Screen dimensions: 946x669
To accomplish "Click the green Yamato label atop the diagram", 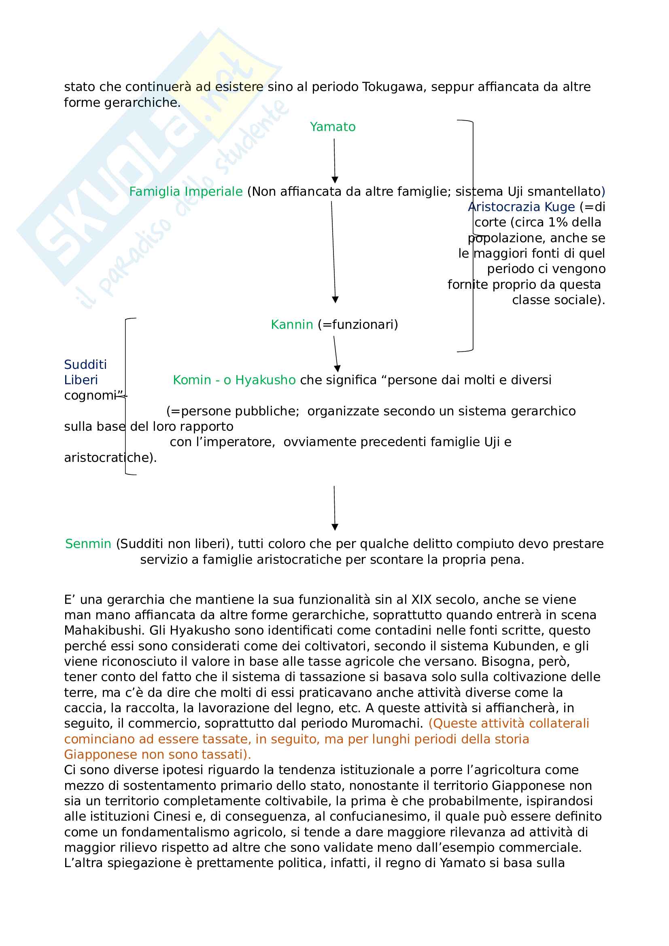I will coord(332,127).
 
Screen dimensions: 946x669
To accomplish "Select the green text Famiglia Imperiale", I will coord(185,192).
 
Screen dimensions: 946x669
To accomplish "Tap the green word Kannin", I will coord(292,325).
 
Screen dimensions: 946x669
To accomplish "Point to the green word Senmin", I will coord(88,544).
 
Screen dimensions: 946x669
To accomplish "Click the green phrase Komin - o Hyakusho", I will coord(234,380).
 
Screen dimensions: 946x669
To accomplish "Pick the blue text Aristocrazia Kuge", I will coord(521,207).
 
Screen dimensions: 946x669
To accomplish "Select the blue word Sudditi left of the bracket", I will coord(85,365).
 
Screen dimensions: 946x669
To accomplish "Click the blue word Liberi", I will coord(81,380).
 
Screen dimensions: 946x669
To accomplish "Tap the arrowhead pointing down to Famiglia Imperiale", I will coord(335,180).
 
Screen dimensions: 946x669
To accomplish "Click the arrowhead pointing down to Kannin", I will coord(335,300).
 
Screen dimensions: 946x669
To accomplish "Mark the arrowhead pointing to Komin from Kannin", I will coord(337,368).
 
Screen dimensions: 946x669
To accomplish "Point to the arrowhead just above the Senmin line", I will coord(335,527).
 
